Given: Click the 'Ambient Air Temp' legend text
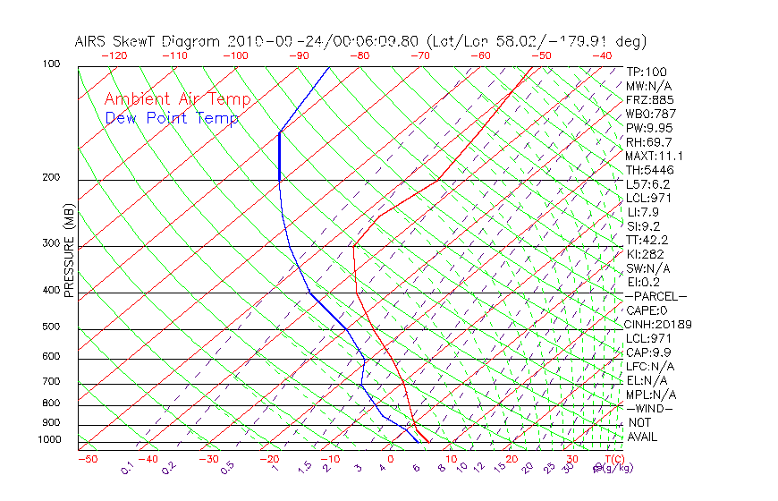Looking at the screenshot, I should click(x=177, y=100).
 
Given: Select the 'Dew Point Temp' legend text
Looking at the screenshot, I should click(x=172, y=119).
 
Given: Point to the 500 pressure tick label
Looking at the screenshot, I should click(x=51, y=327).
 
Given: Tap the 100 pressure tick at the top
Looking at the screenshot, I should click(x=51, y=64).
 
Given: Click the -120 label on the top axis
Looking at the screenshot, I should click(x=114, y=55).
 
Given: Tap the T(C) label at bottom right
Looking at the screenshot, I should click(x=613, y=459).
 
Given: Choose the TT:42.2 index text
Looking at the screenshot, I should click(x=647, y=240).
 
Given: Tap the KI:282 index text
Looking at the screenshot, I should click(x=645, y=254).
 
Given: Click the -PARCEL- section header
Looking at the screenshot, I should click(x=655, y=296).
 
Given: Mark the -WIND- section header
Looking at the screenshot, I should click(x=650, y=408).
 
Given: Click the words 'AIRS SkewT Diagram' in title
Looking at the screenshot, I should click(x=148, y=41).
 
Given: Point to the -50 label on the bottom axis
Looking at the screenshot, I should click(x=87, y=459).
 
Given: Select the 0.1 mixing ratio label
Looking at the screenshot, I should click(x=128, y=468).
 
